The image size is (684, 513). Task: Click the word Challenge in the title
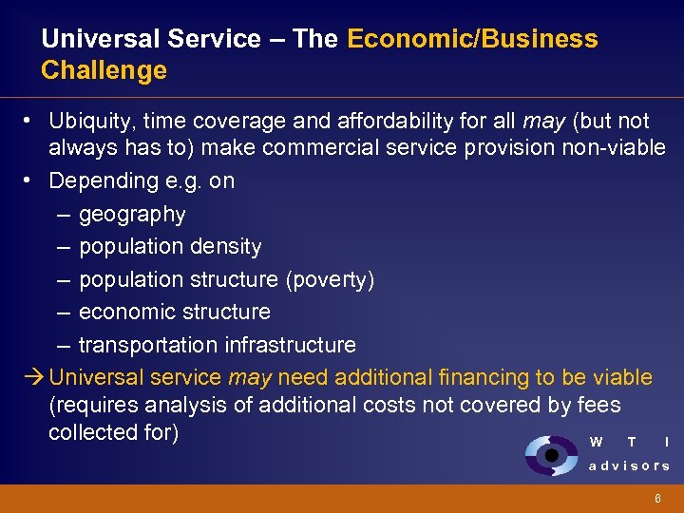pos(104,70)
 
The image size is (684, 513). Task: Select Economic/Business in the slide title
pos(472,39)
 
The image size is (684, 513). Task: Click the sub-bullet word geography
pos(132,215)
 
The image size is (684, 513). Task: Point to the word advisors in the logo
pos(629,465)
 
